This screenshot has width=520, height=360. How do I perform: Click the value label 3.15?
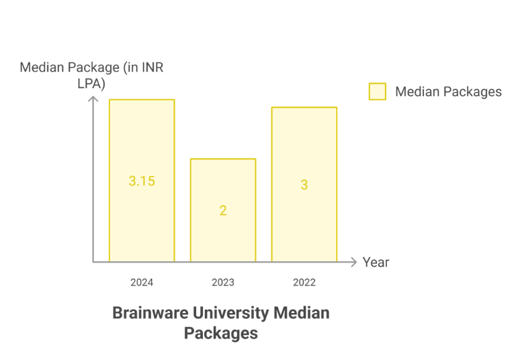(142, 181)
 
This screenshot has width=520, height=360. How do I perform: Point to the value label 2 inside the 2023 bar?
(223, 211)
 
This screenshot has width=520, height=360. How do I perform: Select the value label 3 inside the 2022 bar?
(304, 185)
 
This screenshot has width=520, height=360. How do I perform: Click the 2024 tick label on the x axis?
(142, 282)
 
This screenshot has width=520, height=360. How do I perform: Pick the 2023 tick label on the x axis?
(223, 282)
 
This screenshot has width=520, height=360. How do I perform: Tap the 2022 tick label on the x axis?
(304, 282)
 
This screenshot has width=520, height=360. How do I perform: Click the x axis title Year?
(376, 262)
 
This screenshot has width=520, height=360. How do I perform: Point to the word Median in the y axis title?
(42, 67)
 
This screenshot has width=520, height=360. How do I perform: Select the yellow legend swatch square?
(378, 91)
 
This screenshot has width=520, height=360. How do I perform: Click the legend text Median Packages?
(448, 91)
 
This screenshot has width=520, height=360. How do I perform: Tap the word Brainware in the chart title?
(145, 313)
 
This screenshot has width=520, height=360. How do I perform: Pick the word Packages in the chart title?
(221, 332)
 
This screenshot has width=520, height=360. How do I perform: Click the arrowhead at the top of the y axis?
(93, 99)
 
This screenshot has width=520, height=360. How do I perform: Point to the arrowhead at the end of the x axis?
(354, 262)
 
